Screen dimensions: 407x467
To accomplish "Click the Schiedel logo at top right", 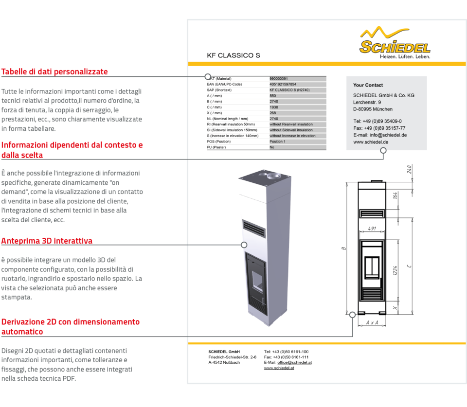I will pos(395,43).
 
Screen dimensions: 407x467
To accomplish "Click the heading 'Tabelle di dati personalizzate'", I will pos(54,72).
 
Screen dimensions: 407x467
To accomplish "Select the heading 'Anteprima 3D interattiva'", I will pos(47,241).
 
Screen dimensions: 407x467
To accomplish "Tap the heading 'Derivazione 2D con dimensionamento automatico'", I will pos(71,327).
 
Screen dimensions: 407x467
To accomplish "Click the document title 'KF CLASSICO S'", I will pos(233,55).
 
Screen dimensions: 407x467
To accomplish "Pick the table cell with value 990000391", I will pos(279,78).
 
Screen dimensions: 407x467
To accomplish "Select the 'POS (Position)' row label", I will pos(219,142).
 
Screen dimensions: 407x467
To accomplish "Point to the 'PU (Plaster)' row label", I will pos(217,147).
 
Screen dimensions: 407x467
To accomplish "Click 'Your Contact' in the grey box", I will pos(368,85).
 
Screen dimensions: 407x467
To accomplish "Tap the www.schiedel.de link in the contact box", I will pos(371,142).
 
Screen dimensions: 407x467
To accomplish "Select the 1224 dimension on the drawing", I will pos(395,272).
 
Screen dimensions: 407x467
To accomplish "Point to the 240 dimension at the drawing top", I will pos(409,169).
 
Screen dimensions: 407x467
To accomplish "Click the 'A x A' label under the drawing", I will pos(372,322).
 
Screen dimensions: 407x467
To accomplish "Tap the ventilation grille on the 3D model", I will pos(253,228).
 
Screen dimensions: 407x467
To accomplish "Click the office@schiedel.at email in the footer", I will pos(294,362).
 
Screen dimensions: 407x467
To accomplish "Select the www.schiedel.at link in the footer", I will pos(279,368).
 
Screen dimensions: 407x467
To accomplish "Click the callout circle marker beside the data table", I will pos(208,76).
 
